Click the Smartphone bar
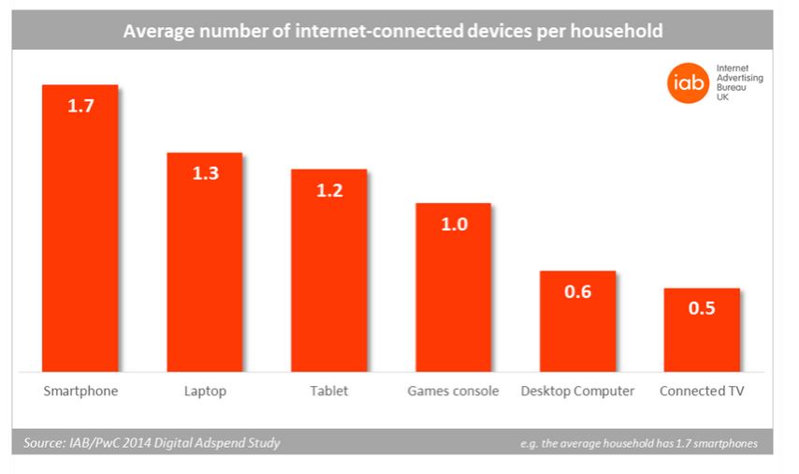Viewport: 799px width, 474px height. [80, 234]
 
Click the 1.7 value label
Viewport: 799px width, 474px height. [80, 106]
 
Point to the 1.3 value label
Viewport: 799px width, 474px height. [205, 173]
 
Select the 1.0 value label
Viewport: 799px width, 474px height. [453, 224]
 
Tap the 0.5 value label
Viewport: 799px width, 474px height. [702, 308]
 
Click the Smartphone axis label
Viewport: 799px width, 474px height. [80, 391]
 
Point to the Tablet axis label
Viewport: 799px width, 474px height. [328, 391]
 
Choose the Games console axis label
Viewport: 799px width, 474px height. [453, 391]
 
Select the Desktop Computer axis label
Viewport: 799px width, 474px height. [577, 391]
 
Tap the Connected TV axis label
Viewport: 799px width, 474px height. [702, 391]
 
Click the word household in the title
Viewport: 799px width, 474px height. [616, 31]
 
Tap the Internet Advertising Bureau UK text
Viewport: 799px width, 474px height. [738, 83]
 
